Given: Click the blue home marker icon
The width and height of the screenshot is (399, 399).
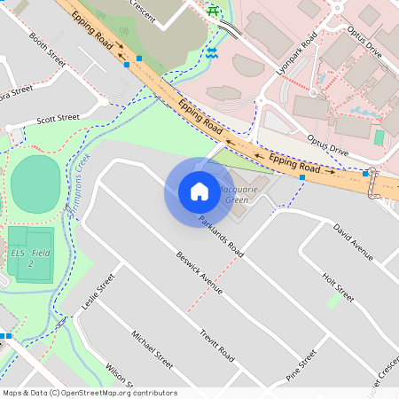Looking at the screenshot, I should [x=199, y=191].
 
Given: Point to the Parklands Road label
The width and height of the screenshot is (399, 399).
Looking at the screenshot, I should [x=221, y=236].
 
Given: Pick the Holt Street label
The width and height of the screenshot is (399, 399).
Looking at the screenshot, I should [x=338, y=287].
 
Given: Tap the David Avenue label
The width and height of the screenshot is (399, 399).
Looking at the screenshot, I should [x=353, y=240].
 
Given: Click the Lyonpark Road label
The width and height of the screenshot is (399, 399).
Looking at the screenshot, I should [x=296, y=54].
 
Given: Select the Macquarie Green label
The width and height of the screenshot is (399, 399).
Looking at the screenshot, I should [x=233, y=194].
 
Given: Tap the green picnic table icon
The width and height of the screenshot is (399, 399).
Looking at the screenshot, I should [x=213, y=11].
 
